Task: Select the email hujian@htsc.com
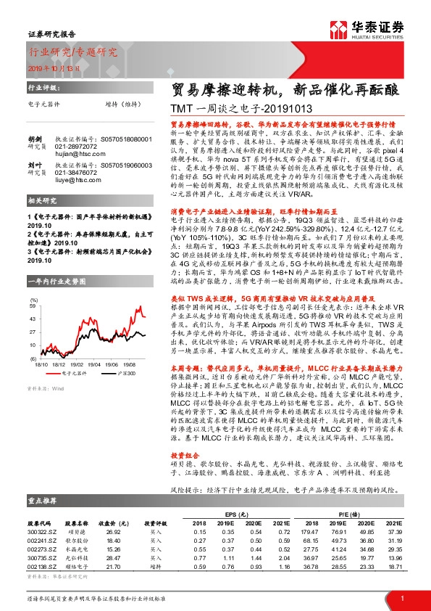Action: click(75, 153)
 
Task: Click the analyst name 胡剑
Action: click(35, 138)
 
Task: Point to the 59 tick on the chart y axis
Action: click(32, 319)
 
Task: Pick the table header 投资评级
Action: click(156, 522)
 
